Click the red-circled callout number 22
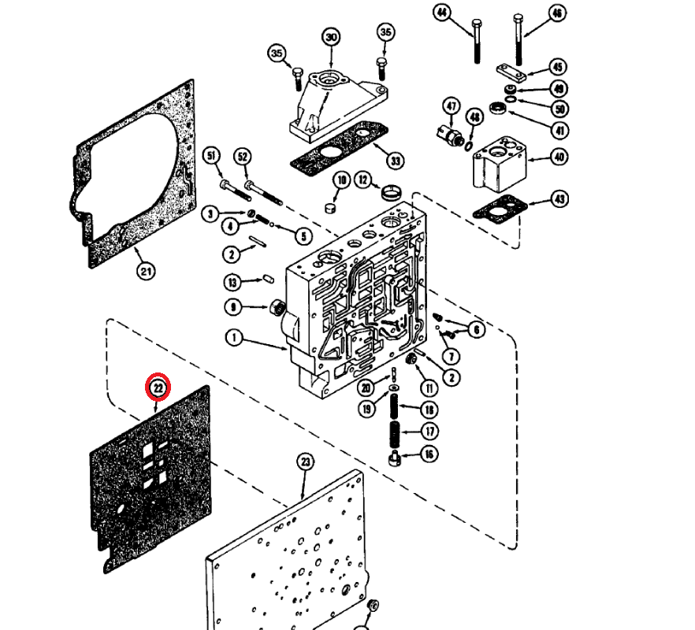tap(158, 387)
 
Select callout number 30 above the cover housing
tap(330, 37)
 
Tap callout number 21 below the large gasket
tap(145, 272)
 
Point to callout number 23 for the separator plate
tap(306, 462)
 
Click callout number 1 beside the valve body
tap(234, 338)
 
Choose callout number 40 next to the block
tap(558, 157)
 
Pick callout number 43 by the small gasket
tap(558, 199)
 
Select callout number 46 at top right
tap(557, 13)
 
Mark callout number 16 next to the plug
tap(429, 454)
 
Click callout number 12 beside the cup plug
tap(362, 180)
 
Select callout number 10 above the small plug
tap(340, 180)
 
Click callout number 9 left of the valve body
tap(233, 306)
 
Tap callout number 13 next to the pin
tap(232, 282)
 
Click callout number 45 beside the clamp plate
tap(558, 67)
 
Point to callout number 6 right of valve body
tap(477, 328)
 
